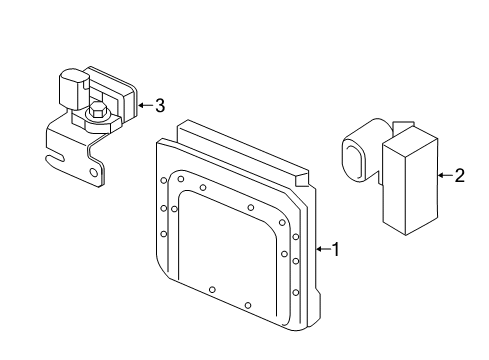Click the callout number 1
[x=336, y=249]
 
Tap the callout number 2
[x=460, y=175]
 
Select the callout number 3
[x=160, y=105]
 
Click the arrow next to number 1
[x=323, y=249]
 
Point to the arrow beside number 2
[x=445, y=175]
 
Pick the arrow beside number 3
[x=145, y=105]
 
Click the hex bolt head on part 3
[x=98, y=109]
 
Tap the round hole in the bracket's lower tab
[x=94, y=173]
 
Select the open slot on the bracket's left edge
[x=55, y=159]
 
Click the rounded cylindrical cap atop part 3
[x=74, y=89]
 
